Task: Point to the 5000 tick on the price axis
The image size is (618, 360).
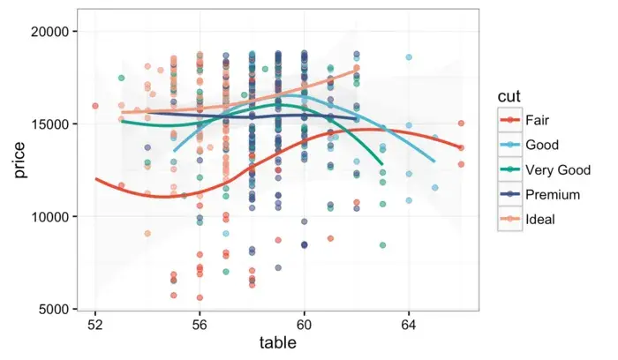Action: click(x=55, y=310)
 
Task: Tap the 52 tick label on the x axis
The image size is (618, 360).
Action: click(x=95, y=325)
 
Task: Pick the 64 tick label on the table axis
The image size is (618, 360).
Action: click(x=409, y=325)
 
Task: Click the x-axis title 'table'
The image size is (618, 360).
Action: click(x=277, y=343)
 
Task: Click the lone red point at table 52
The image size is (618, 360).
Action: click(x=95, y=106)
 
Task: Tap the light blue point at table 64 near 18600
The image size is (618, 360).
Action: click(x=409, y=57)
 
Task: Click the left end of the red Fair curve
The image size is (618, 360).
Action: click(x=95, y=179)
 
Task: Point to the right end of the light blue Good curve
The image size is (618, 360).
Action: click(x=434, y=161)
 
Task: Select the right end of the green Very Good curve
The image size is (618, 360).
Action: click(x=382, y=164)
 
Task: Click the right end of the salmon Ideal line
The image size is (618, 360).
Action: click(x=357, y=68)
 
